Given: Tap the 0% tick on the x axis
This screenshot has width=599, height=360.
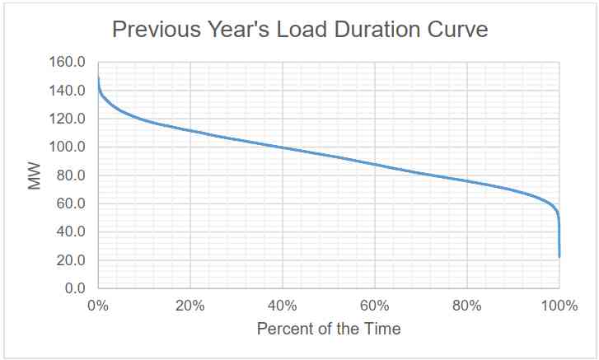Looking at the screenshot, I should click(98, 306).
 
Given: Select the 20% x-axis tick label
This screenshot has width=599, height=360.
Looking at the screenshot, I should click(190, 306).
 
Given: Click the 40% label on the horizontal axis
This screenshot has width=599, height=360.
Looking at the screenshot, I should click(283, 306).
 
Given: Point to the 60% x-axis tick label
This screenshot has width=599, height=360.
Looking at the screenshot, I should click(375, 306).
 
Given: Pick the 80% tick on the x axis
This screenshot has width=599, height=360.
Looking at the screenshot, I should click(467, 306).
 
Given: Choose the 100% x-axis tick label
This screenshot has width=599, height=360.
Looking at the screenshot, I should click(559, 306).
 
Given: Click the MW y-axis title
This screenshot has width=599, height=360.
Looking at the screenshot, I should click(35, 175).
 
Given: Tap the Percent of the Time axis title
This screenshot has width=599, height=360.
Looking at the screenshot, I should click(329, 330).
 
